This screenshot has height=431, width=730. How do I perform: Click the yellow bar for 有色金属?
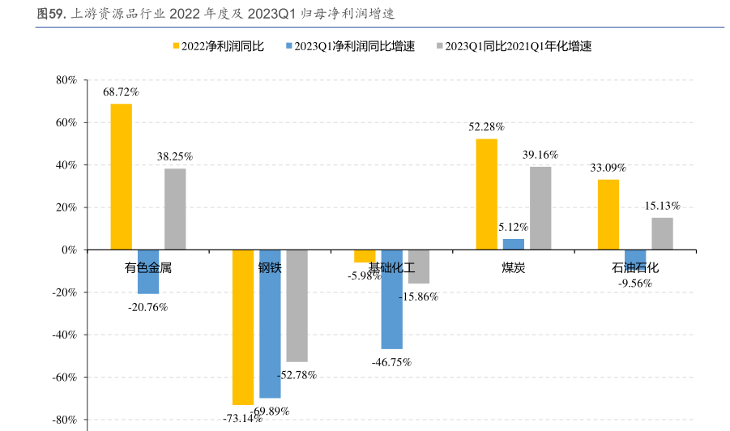[122, 177]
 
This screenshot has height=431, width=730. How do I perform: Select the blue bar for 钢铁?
[270, 324]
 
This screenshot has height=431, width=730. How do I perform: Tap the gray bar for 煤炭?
[540, 208]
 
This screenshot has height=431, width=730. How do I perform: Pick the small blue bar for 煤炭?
[514, 244]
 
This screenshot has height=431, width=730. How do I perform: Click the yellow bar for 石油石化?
[608, 215]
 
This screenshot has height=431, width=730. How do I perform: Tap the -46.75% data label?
[391, 362]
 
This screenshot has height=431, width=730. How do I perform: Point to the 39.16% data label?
[540, 155]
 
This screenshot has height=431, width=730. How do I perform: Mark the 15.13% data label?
[662, 206]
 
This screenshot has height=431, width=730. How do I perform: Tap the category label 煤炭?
[514, 267]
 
